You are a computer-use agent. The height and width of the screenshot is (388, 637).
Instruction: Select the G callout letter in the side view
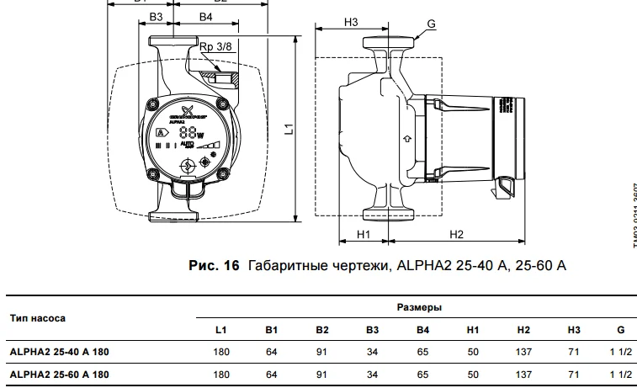pyautogui.click(x=431, y=24)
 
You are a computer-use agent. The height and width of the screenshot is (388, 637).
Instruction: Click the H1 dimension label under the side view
pyautogui.click(x=364, y=233)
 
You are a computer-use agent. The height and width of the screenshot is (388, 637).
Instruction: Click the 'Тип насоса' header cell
pyautogui.click(x=38, y=319)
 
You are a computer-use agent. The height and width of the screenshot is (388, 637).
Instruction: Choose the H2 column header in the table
pyautogui.click(x=523, y=329)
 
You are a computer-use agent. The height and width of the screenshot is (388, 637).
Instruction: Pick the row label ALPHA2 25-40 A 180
pyautogui.click(x=58, y=351)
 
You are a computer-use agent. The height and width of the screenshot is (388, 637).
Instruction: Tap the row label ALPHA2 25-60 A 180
pyautogui.click(x=58, y=373)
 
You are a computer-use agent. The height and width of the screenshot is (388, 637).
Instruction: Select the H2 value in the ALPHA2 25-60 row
pyautogui.click(x=523, y=373)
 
